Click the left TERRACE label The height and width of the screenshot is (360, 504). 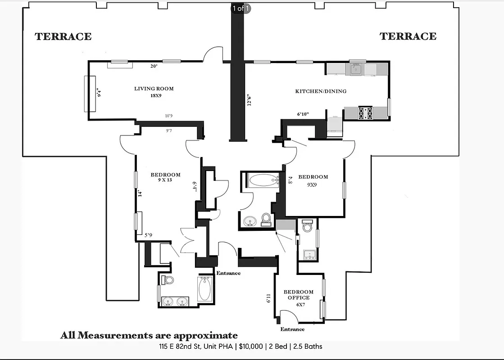click(63, 37)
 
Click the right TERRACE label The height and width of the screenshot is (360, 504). click(408, 36)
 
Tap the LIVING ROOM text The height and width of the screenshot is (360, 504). click(154, 89)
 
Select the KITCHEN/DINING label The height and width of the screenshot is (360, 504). click(321, 91)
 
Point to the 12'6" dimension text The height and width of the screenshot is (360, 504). click(249, 99)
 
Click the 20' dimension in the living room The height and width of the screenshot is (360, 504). click(154, 66)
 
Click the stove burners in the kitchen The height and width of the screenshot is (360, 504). click(365, 113)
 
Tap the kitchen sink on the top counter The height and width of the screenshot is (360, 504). click(356, 69)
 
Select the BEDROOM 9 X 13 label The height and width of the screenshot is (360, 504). click(165, 177)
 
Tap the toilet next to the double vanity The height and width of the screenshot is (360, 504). click(169, 280)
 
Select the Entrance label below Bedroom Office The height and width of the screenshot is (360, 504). click(292, 329)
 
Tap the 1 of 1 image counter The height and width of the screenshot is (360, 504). click(241, 8)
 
